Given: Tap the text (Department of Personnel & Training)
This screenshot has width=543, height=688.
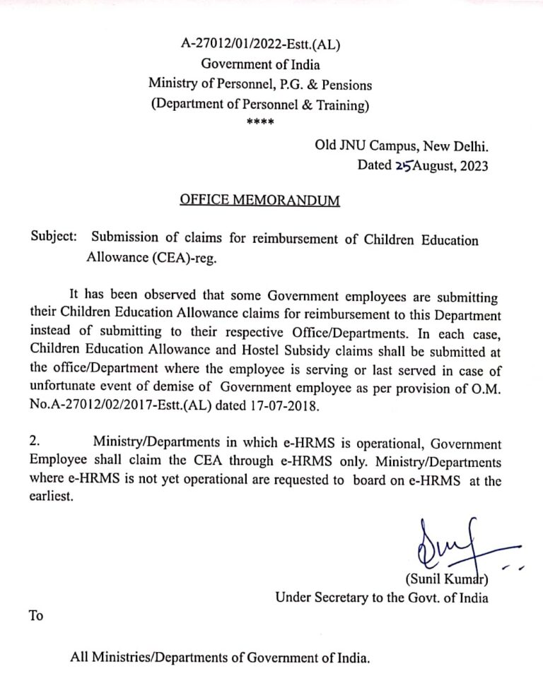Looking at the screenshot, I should click(x=260, y=105).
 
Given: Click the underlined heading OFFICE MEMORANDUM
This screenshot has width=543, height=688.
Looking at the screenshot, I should click(x=259, y=201).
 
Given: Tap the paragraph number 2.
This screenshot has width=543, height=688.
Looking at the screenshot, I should click(x=35, y=442).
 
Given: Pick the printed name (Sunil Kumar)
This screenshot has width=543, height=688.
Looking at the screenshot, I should click(x=445, y=580).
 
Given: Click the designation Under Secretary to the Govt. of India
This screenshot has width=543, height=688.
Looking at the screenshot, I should click(x=381, y=598).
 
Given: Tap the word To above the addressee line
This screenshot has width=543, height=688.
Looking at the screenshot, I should click(x=36, y=616).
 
